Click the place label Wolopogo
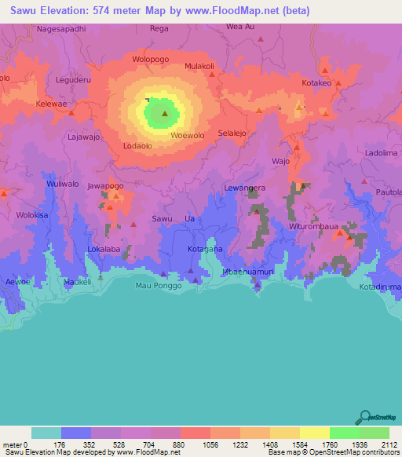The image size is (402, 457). tap(151, 59)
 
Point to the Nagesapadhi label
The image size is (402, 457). tap(60, 28)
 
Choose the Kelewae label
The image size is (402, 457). tap(53, 104)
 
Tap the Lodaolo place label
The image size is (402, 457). tap(137, 146)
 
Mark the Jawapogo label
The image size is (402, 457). tap(105, 186)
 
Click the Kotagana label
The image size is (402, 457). tap(206, 249)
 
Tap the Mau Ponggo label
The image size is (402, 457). tap(159, 285)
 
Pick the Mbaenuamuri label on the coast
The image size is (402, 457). tap(248, 272)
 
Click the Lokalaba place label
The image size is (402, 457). tap(104, 249)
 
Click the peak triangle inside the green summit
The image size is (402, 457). tap(164, 114)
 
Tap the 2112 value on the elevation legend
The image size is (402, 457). tap(389, 444)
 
